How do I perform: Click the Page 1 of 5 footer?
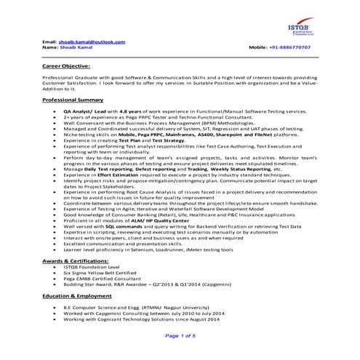180,335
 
